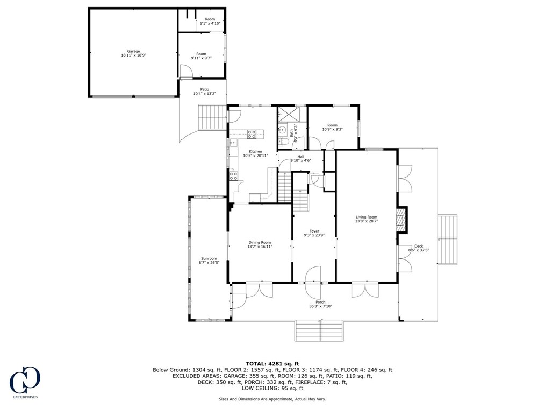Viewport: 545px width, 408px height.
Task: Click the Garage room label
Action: [133, 51]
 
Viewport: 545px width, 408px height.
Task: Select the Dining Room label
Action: [260, 243]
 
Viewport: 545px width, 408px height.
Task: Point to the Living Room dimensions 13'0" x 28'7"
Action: [367, 221]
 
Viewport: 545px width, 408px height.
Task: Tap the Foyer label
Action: [314, 231]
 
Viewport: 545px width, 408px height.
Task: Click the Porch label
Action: [320, 302]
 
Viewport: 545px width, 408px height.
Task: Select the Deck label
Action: [419, 246]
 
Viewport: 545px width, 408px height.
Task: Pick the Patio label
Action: [205, 89]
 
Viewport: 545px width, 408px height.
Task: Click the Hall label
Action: [300, 157]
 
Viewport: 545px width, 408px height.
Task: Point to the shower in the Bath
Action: [289, 114]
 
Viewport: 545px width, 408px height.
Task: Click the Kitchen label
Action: [255, 151]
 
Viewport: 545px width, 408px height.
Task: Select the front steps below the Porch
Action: [319, 330]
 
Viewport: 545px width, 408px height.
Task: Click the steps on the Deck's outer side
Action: [447, 240]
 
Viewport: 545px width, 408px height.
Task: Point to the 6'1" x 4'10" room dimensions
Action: [210, 23]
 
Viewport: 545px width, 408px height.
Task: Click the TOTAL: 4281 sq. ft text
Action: [272, 364]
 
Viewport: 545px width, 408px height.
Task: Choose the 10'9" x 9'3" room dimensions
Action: [332, 129]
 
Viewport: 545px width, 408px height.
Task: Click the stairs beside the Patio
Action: [212, 117]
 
